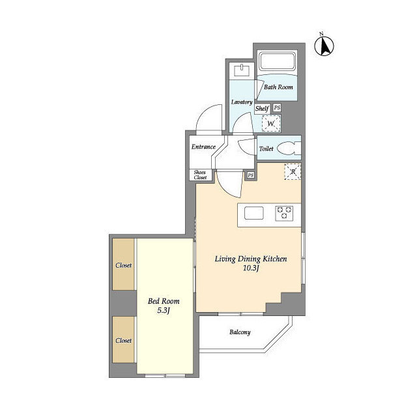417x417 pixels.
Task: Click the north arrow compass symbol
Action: click(x=324, y=46)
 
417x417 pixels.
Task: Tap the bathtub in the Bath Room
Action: click(x=278, y=62)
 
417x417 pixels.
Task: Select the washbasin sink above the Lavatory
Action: click(x=242, y=70)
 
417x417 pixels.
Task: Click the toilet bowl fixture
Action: click(x=288, y=149)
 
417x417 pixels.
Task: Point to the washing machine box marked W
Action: click(x=271, y=123)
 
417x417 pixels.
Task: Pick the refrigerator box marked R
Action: click(x=293, y=171)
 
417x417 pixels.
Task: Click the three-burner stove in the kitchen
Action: click(x=284, y=213)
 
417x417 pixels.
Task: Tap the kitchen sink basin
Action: click(x=254, y=213)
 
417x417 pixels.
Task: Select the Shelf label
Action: click(x=262, y=109)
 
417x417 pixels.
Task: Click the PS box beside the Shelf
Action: click(x=277, y=108)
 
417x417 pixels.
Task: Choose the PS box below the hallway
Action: click(x=250, y=175)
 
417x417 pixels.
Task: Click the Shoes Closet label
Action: click(x=200, y=175)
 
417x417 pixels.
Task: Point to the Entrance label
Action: click(x=203, y=147)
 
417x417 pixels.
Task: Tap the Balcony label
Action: click(x=240, y=332)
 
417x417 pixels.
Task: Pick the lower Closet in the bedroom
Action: click(x=123, y=339)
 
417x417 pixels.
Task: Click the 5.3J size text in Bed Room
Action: click(x=164, y=311)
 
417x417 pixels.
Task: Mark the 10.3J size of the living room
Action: click(x=251, y=268)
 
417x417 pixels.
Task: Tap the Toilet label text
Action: click(x=266, y=149)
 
